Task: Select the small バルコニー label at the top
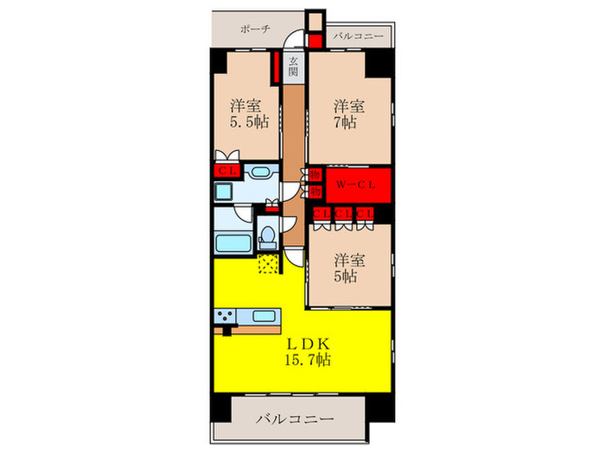tap(353, 37)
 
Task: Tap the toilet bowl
tap(269, 234)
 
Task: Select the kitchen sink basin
tap(263, 315)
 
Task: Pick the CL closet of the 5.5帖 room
tap(227, 171)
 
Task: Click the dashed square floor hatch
tap(268, 261)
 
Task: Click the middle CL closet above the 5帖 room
tap(342, 213)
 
